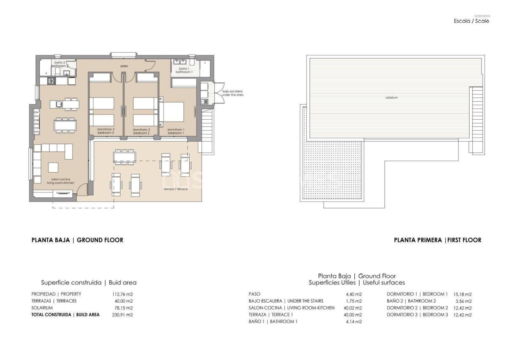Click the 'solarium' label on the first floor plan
pos(391,97)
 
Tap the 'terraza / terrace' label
pos(175,189)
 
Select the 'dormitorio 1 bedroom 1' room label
pos(175,131)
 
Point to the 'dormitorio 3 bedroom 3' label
pos(106,131)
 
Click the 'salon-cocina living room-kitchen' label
pos(60,181)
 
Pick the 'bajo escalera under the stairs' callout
pos(233,93)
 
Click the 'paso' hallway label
pos(124,66)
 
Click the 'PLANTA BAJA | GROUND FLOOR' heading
pos(77,240)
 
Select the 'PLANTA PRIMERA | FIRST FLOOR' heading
pos(437,240)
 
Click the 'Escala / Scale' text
pos(471,21)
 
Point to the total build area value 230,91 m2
pos(122,315)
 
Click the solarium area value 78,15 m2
pos(122,308)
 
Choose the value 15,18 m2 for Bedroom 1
pos(462,294)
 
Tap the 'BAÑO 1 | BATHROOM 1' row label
pos(273,321)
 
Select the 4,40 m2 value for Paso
pos(354,294)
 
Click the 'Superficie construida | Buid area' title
pos(89,282)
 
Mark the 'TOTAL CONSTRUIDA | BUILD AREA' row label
pos(66,315)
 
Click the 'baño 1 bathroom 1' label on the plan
pos(184,70)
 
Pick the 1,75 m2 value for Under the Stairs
pos(354,301)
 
